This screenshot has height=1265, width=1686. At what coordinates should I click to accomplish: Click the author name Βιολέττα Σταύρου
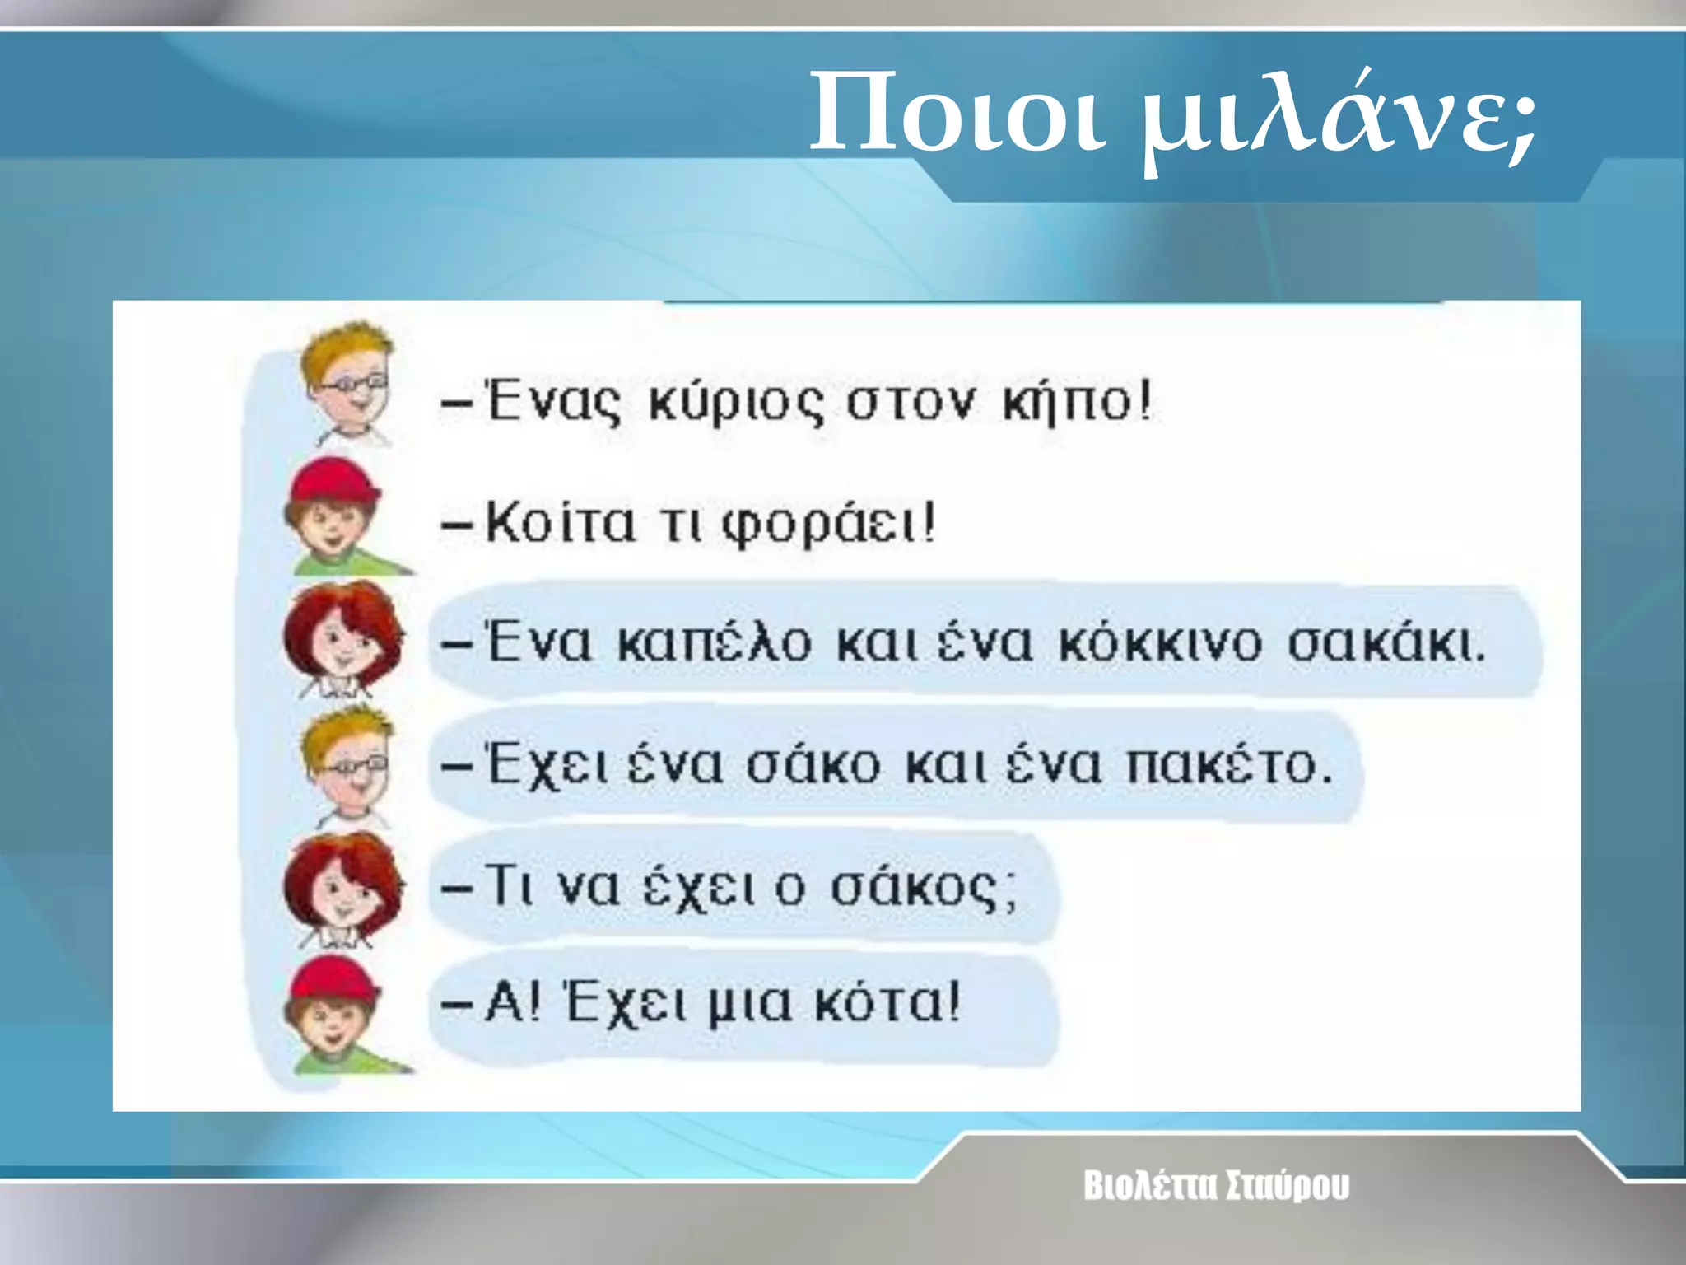click(1216, 1186)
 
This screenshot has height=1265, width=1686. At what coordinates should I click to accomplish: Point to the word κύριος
click(735, 404)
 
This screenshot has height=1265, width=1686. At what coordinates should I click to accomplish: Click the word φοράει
click(828, 524)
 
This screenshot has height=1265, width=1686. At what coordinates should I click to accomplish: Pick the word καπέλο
click(715, 642)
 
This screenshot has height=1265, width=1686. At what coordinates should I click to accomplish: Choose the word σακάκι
click(1386, 642)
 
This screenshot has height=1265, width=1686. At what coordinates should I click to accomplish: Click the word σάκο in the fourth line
click(813, 764)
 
